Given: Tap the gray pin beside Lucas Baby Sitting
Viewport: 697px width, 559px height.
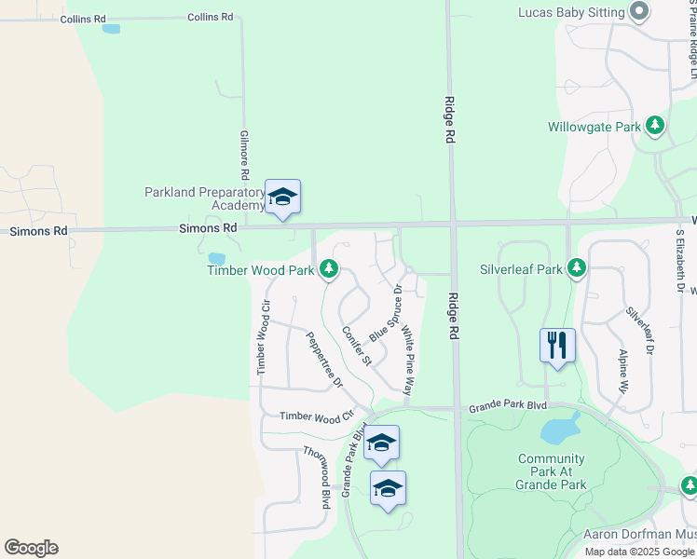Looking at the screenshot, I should pyautogui.click(x=639, y=12).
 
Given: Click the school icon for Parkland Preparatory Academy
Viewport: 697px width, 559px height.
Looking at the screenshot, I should pyautogui.click(x=282, y=197).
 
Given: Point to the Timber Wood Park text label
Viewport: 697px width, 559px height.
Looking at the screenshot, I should pyautogui.click(x=260, y=270).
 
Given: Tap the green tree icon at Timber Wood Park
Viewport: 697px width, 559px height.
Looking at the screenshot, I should pyautogui.click(x=328, y=270).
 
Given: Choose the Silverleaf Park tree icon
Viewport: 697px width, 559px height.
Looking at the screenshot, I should pyautogui.click(x=577, y=269).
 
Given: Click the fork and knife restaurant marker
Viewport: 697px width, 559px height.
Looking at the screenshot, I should pyautogui.click(x=557, y=345).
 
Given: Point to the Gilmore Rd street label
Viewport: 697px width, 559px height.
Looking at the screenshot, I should pyautogui.click(x=244, y=155).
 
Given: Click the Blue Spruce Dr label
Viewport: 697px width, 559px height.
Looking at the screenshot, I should pyautogui.click(x=385, y=313).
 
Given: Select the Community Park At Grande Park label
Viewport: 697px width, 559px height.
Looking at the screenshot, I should pyautogui.click(x=552, y=471).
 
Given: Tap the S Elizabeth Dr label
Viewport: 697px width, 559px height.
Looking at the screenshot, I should pyautogui.click(x=681, y=262).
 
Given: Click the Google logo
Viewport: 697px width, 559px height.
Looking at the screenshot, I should pyautogui.click(x=31, y=548).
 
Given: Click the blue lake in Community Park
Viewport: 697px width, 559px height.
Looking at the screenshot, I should pyautogui.click(x=559, y=429).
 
